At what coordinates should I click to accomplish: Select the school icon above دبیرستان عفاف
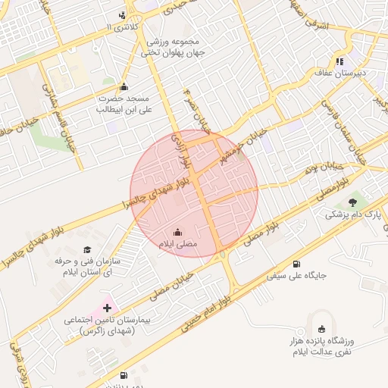click(340, 61)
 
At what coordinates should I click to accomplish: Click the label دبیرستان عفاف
click(341, 74)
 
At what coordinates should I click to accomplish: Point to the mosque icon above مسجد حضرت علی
click(124, 86)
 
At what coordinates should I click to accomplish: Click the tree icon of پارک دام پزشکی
click(352, 202)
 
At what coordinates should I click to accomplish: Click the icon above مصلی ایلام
click(177, 232)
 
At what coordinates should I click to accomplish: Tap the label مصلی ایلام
click(177, 245)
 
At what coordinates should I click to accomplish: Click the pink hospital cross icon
click(106, 308)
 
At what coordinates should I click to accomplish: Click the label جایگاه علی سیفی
click(296, 277)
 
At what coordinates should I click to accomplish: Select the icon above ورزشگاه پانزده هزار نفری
click(321, 328)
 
